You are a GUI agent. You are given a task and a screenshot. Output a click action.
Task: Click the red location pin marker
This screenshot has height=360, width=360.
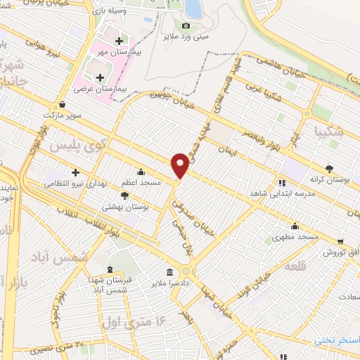point(181,165)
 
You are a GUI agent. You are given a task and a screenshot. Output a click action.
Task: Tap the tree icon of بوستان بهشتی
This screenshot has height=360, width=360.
point(125,196)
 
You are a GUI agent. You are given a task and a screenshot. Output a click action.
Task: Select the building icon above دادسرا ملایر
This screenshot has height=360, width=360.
point(169,272)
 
